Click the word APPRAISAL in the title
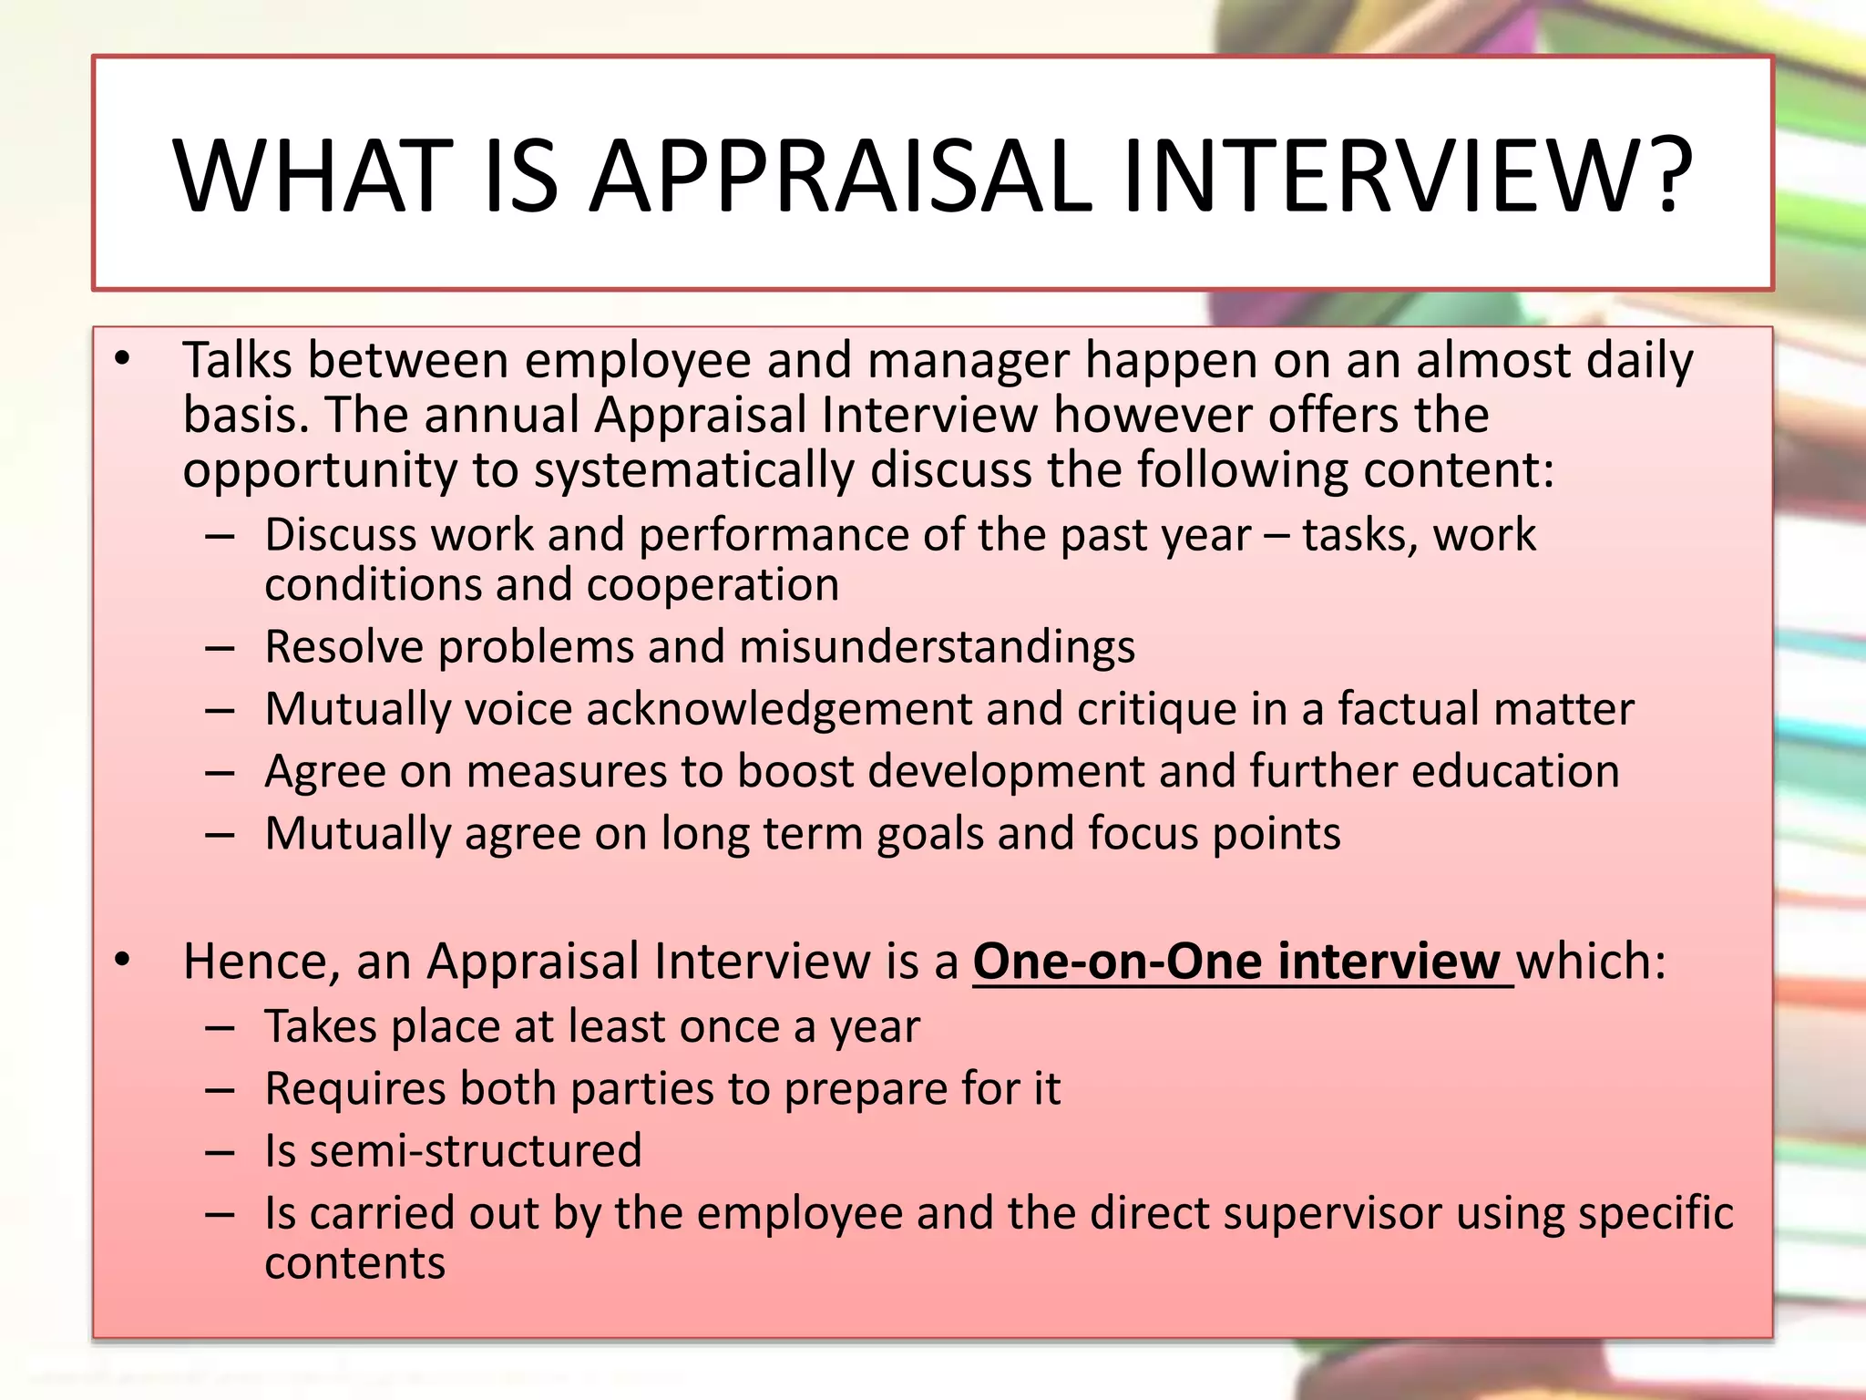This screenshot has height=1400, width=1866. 841,175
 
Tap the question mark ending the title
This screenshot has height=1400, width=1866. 1663,175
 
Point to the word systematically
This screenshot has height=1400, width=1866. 693,471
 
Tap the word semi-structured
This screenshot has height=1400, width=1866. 476,1151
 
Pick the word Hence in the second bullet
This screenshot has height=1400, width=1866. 254,962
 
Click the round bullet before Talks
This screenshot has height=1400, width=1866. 124,361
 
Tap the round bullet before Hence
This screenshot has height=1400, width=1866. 124,962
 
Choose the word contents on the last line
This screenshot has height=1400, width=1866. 354,1264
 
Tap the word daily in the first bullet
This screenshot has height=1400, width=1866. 1639,361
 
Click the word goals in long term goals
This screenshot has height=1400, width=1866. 929,834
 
